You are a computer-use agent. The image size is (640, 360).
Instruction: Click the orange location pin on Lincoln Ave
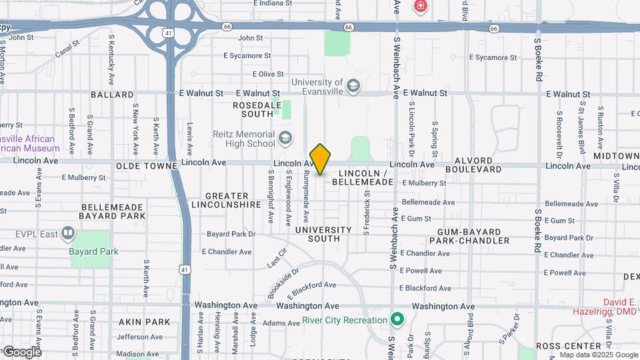point(321,159)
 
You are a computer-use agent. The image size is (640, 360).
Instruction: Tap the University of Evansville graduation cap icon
point(353,86)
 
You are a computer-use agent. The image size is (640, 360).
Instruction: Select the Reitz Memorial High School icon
point(285,138)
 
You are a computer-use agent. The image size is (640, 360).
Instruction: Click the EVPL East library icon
point(67,233)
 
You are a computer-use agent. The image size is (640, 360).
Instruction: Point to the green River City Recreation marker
point(398,320)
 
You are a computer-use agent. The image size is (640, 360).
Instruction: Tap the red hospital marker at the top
point(420,7)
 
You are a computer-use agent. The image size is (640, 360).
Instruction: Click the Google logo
point(21,351)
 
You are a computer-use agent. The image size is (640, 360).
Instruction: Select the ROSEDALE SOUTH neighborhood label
point(253,109)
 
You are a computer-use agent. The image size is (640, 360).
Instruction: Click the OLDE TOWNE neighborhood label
point(146,165)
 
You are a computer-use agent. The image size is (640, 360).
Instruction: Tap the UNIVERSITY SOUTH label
point(323,234)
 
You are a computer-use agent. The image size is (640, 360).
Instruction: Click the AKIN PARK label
point(145,322)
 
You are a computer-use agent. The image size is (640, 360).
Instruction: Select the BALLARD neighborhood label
point(112,95)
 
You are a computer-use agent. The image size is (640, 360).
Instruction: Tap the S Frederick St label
point(367,212)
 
